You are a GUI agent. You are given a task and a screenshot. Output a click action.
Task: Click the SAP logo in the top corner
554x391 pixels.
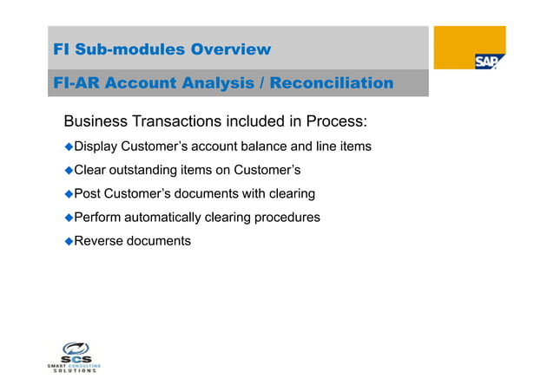(489, 62)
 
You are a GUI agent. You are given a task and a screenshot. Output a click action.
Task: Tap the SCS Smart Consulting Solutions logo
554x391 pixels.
(74, 355)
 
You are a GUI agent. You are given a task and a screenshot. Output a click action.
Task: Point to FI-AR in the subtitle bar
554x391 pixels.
(77, 83)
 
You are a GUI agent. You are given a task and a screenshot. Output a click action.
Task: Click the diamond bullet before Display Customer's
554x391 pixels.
(69, 147)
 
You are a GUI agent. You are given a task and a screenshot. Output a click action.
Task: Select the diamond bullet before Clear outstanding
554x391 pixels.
(69, 170)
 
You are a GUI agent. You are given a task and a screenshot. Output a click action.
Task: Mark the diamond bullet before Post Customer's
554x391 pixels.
(69, 193)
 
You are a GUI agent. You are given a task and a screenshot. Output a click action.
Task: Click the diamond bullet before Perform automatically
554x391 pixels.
(69, 217)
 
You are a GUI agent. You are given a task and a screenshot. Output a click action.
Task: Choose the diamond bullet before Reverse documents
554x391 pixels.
(69, 240)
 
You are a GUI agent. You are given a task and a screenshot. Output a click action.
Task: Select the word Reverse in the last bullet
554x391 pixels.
(99, 240)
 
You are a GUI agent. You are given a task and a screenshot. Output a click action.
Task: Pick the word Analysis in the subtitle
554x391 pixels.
(215, 83)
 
